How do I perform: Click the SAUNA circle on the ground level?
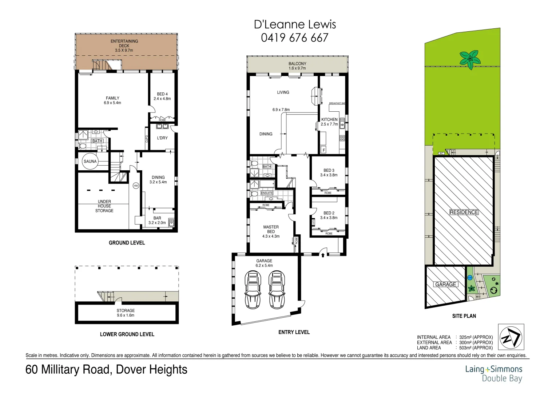pyautogui.click(x=90, y=162)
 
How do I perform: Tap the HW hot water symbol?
pyautogui.click(x=136, y=186)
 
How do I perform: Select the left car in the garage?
pyautogui.click(x=253, y=289)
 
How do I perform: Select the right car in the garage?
pyautogui.click(x=277, y=289)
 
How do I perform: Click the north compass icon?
pyautogui.click(x=511, y=337)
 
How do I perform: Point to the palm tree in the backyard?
pyautogui.click(x=470, y=59)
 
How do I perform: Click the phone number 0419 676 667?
pyautogui.click(x=294, y=38)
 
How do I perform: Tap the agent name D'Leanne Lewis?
pyautogui.click(x=295, y=24)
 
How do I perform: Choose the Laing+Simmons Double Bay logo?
pyautogui.click(x=493, y=374)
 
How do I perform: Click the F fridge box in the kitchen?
pyautogui.click(x=323, y=150)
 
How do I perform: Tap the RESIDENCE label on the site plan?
pyautogui.click(x=464, y=212)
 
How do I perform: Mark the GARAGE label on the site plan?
pyautogui.click(x=446, y=284)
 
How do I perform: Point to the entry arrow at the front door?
pyautogui.click(x=323, y=255)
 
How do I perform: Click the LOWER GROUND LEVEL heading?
pyautogui.click(x=127, y=334)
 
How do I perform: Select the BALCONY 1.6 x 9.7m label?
pyautogui.click(x=297, y=66)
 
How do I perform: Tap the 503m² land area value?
pyautogui.click(x=476, y=348)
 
